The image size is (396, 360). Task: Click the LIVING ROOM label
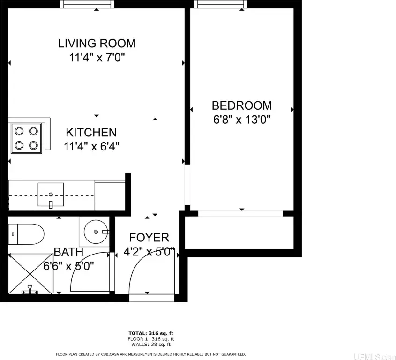point(97,43)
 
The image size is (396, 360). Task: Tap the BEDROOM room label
point(242,105)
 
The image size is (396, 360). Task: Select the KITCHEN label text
point(91,132)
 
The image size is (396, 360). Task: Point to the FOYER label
point(149,238)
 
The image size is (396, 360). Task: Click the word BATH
point(68,252)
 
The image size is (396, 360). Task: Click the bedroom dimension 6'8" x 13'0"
point(242,120)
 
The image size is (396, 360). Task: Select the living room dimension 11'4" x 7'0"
point(97,58)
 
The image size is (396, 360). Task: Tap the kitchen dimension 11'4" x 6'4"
point(91,146)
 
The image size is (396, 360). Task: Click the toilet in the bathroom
point(26,234)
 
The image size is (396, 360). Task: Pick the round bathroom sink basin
point(96,232)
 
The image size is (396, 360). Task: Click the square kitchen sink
point(51,195)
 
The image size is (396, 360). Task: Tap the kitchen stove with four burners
point(26,138)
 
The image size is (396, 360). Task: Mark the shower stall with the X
point(30,274)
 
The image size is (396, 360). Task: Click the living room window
point(87,4)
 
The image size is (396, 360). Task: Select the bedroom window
point(221,4)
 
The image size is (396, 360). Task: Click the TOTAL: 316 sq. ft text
point(151,333)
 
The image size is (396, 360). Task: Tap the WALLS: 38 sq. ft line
point(151,345)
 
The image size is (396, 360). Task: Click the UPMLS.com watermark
point(374,357)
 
